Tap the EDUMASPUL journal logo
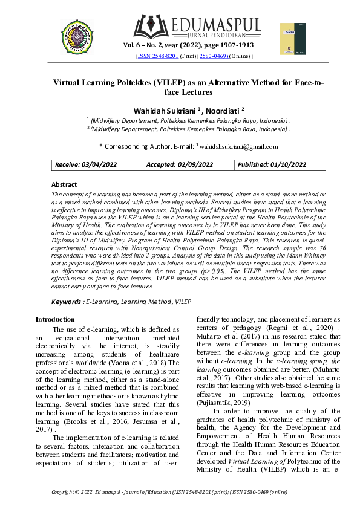197,26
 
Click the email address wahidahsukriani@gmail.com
239,146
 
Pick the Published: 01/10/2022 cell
272,164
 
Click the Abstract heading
64,184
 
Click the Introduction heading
55,319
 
